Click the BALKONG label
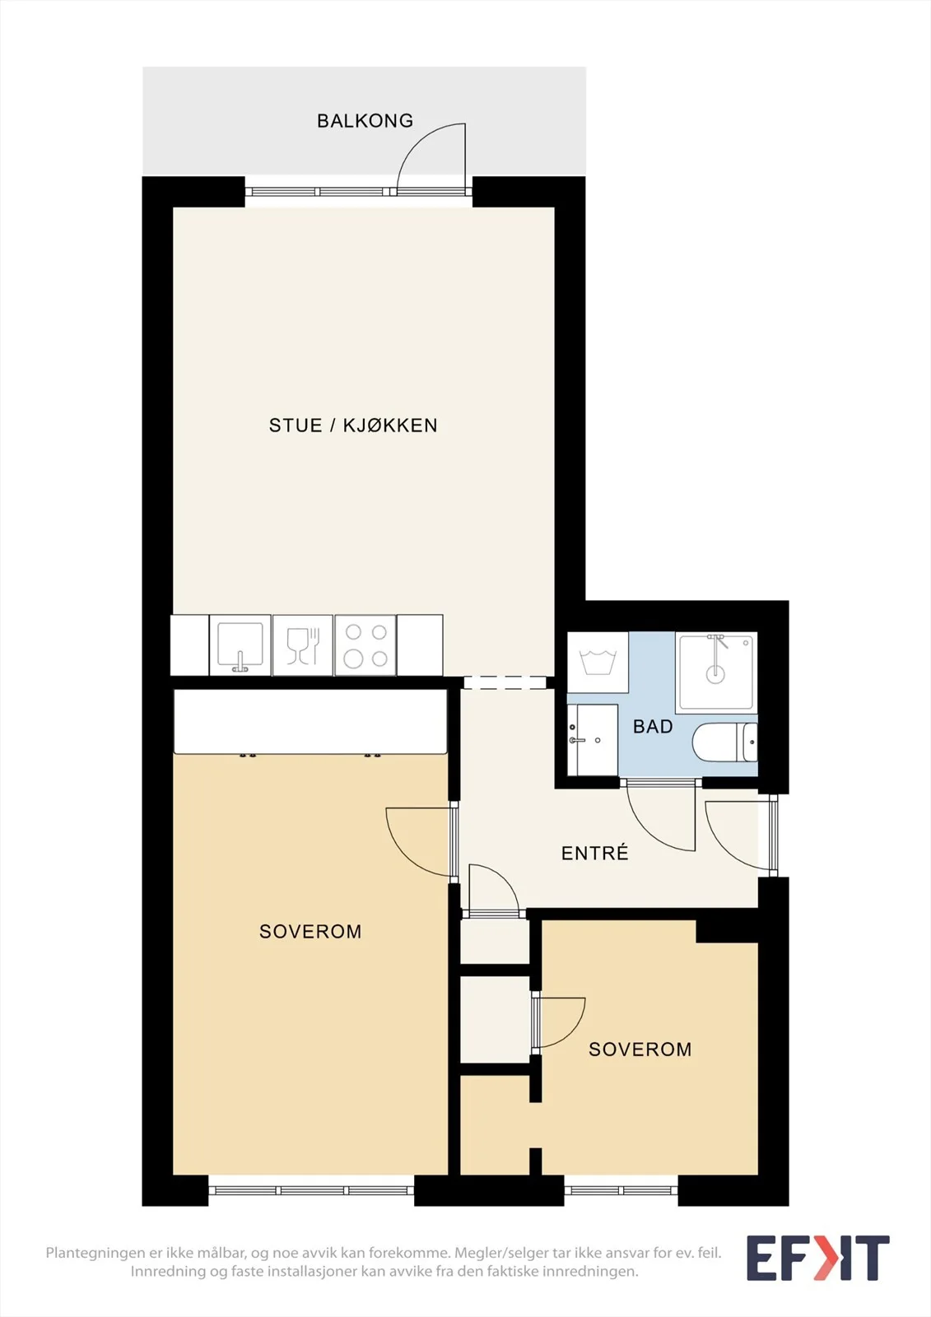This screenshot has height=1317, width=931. point(365,120)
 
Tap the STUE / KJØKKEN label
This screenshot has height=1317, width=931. point(353,425)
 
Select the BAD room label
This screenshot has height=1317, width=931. point(653,727)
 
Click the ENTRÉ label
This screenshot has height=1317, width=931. point(594,853)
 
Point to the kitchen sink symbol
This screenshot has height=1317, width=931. point(240,645)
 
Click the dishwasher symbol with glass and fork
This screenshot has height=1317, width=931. point(303,645)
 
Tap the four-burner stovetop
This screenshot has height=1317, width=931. point(365,645)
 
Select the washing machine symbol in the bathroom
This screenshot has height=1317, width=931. point(598,663)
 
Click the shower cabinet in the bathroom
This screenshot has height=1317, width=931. point(716,672)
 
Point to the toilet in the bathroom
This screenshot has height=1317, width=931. point(724,742)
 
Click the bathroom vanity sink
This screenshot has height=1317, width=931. point(592,740)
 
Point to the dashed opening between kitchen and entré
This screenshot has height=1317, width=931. point(505,682)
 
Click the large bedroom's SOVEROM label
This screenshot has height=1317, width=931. point(310,931)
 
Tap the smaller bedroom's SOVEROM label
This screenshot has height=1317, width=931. point(640,1049)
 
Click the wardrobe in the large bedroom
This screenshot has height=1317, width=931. point(310,721)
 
